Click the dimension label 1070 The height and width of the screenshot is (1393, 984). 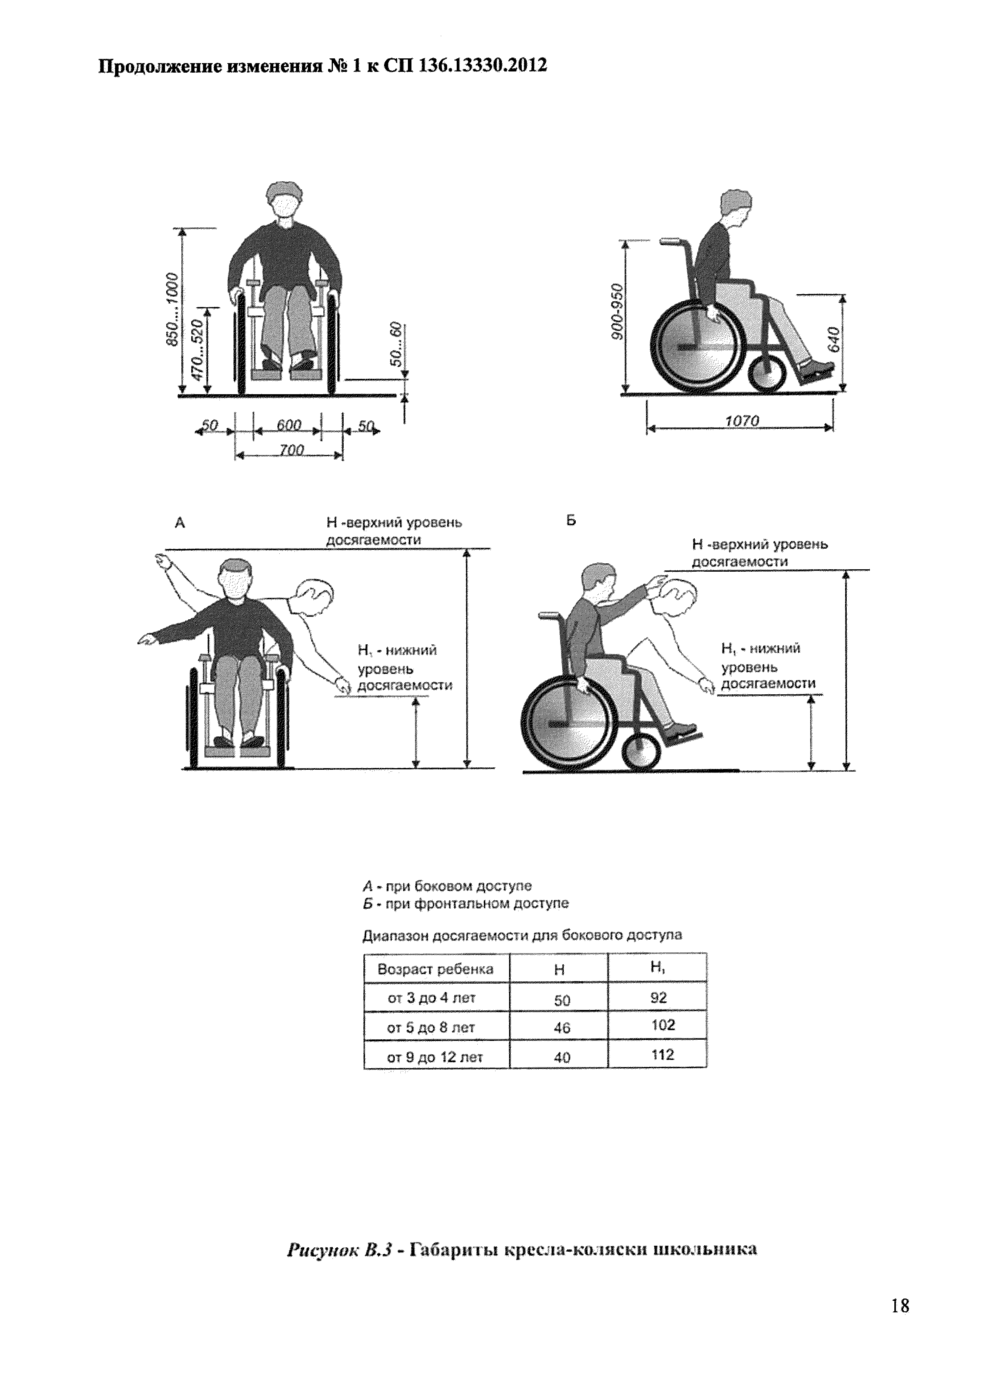(742, 420)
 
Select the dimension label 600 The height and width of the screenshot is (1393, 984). (288, 425)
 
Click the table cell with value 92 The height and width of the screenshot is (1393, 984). (658, 998)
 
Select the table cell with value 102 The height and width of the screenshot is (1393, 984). (663, 1025)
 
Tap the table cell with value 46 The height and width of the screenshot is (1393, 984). (561, 1028)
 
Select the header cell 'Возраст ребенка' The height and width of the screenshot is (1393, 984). (435, 969)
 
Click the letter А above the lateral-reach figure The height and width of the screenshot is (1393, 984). (179, 522)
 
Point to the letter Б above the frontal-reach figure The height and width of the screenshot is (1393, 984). (571, 520)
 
